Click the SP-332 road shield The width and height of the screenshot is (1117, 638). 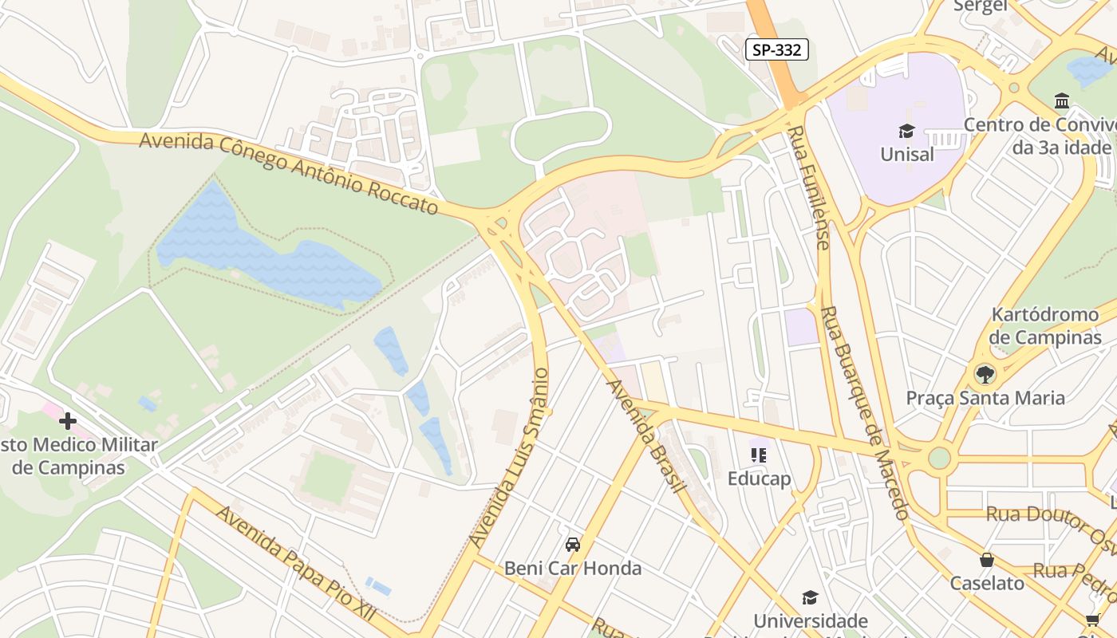[777, 49]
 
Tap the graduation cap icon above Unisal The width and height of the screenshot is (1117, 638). [906, 131]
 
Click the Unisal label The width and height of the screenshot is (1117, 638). [906, 154]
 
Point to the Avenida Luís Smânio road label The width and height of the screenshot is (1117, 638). [510, 458]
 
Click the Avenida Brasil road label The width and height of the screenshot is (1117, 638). [647, 435]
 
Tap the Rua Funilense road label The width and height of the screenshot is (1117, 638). [810, 187]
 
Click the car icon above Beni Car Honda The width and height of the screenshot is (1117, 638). [572, 545]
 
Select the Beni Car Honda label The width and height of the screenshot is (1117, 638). [572, 569]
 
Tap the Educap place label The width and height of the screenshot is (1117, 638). [759, 478]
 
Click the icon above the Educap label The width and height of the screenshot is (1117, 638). [759, 455]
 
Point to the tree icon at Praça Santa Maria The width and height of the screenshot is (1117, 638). [985, 373]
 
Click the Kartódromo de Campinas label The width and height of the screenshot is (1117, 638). [1045, 325]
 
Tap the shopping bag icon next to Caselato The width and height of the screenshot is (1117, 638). [987, 560]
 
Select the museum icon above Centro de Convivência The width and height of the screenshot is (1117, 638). [1062, 101]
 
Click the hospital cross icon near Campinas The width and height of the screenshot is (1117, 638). [68, 420]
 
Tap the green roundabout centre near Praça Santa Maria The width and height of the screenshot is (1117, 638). [939, 458]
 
